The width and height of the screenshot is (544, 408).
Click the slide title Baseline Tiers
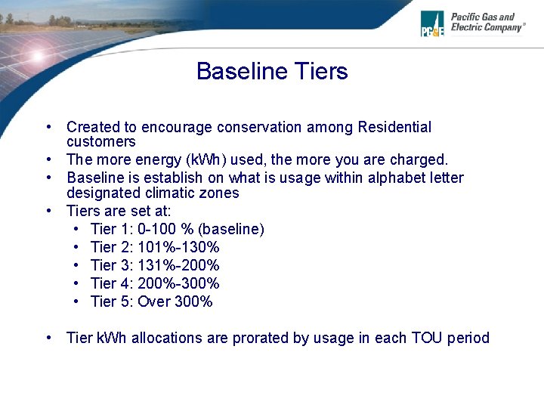(x=272, y=72)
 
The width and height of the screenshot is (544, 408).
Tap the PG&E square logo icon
(x=433, y=23)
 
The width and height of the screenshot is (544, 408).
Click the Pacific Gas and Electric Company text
(x=487, y=22)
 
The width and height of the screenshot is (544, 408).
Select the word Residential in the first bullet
(x=393, y=127)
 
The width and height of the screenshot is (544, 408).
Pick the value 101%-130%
(x=178, y=247)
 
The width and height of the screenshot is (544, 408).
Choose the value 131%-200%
(x=178, y=265)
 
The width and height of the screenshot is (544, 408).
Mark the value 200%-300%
(x=178, y=283)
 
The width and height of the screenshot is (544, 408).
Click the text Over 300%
(x=175, y=301)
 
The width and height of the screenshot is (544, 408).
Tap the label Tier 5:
(x=112, y=301)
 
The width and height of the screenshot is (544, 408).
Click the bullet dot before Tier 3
(x=78, y=265)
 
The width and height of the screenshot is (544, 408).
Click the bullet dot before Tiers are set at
(x=48, y=211)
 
